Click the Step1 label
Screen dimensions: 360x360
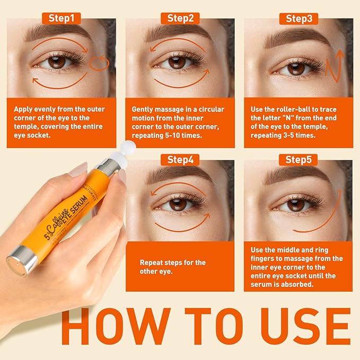tap(62, 18)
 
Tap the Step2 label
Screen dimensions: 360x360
tap(180, 18)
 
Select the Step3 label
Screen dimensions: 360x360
tap(298, 19)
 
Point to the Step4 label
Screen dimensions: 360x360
tap(180, 160)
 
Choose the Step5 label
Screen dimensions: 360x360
tap(298, 160)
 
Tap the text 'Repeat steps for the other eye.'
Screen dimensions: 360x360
tap(172, 267)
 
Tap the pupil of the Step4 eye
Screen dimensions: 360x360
tap(179, 204)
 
